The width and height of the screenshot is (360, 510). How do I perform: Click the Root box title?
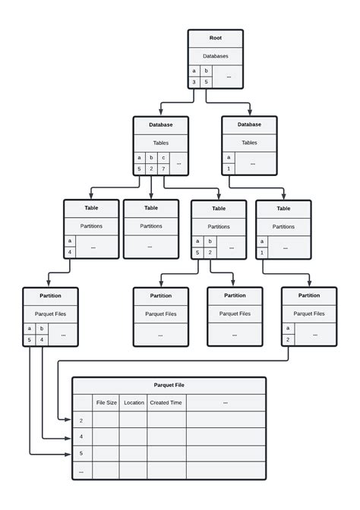[216, 37]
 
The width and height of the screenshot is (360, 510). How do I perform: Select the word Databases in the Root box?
[216, 55]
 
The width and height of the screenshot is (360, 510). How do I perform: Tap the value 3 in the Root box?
[194, 82]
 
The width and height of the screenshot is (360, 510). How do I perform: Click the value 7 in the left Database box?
[162, 168]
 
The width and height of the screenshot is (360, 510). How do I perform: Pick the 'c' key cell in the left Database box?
[162, 157]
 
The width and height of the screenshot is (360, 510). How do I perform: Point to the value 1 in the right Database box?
[229, 168]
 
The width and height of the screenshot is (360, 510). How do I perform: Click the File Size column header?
[106, 403]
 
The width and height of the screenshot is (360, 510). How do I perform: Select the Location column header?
[134, 403]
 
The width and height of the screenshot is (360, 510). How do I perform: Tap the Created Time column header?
[166, 403]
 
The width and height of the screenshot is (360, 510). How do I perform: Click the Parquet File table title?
[169, 385]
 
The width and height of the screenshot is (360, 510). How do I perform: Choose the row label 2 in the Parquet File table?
[81, 420]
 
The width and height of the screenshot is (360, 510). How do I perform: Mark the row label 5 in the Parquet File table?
[81, 454]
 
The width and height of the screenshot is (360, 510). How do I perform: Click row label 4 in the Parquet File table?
[81, 437]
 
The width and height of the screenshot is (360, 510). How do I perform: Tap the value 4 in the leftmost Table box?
[70, 252]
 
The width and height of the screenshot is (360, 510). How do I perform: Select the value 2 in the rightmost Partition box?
[288, 340]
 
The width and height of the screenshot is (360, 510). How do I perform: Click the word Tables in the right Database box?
[249, 142]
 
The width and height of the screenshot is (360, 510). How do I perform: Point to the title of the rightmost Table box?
[283, 208]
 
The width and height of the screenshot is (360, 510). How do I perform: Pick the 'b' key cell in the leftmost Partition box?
[41, 329]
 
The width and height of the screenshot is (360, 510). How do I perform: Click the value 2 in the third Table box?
[210, 252]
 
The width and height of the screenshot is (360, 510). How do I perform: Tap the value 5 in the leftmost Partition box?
[30, 340]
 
